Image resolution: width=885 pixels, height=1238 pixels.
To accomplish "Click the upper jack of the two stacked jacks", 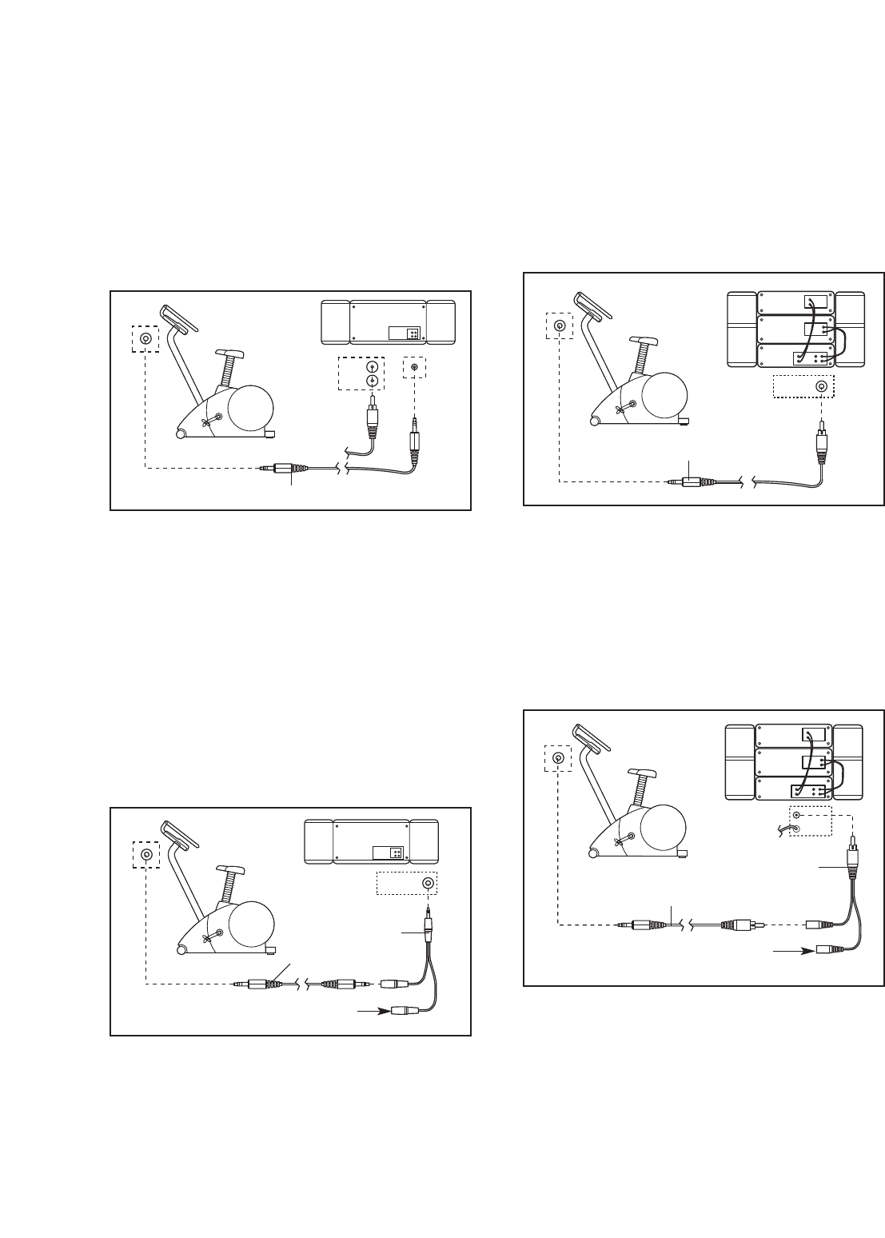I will coord(371,368).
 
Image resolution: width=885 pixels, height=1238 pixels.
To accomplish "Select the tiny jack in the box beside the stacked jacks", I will coord(413,368).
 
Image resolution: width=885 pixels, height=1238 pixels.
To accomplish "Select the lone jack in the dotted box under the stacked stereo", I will coord(820,387).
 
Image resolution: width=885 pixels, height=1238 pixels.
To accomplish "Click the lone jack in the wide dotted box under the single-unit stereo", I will coord(429,884).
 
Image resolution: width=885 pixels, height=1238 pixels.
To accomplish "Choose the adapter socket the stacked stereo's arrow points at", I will coord(828,952).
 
